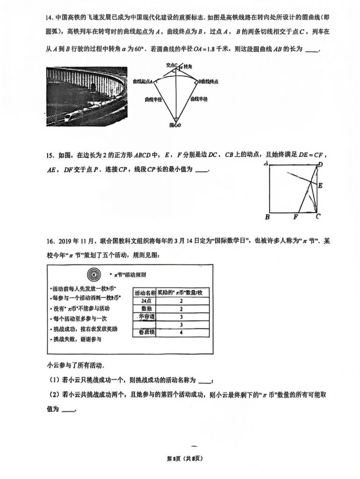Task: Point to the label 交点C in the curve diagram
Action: pyautogui.click(x=172, y=66)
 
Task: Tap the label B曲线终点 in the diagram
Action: pyautogui.click(x=208, y=81)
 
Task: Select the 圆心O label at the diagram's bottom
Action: pyautogui.click(x=175, y=125)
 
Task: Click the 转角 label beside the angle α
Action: pyautogui.click(x=187, y=67)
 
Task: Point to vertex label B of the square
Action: pyautogui.click(x=267, y=217)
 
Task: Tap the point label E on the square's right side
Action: pyautogui.click(x=320, y=186)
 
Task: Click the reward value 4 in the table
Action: pyautogui.click(x=181, y=333)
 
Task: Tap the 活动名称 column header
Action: pyautogui.click(x=144, y=292)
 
